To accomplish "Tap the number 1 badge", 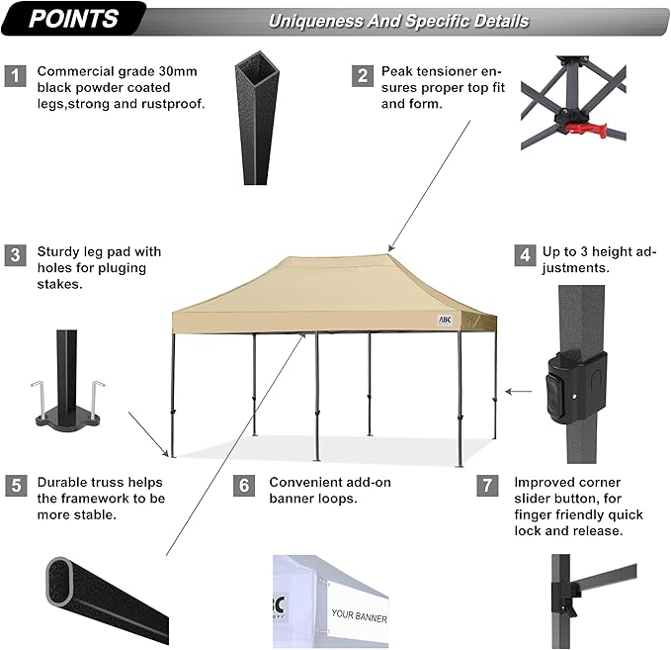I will point(15,75).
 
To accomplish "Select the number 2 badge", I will point(364,75).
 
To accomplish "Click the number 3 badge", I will point(15,255).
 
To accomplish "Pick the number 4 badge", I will point(523,255).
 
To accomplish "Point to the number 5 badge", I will point(15,485).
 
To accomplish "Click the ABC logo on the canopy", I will point(445,320).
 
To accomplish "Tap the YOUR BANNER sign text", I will point(360,617).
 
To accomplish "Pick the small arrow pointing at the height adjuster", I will point(516,392).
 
